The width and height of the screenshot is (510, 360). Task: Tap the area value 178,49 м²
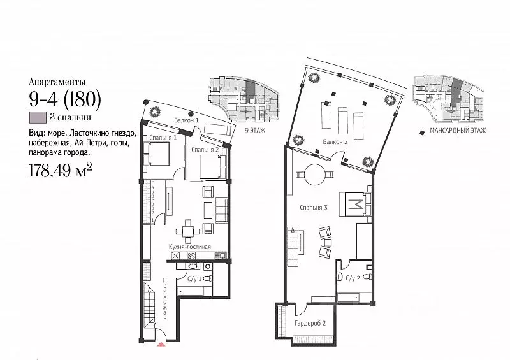pyautogui.click(x=61, y=169)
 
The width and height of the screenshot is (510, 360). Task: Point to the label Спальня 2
pyautogui.click(x=205, y=150)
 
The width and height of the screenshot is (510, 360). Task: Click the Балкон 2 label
pyautogui.click(x=335, y=141)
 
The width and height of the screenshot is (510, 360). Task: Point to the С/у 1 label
pyautogui.click(x=195, y=278)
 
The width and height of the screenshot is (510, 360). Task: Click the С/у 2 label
pyautogui.click(x=353, y=278)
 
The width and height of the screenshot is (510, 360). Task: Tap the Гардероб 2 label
pyautogui.click(x=310, y=324)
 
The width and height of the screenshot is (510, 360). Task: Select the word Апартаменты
pyautogui.click(x=56, y=82)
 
